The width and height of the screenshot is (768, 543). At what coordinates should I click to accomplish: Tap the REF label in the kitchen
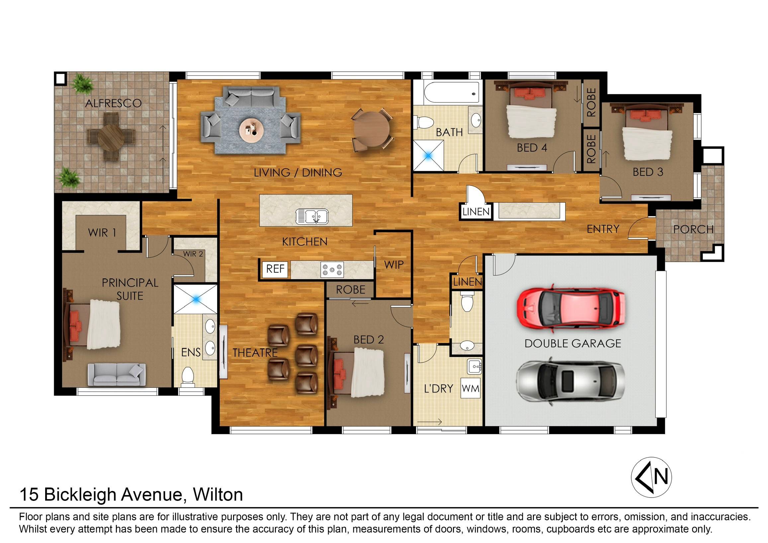point(275,269)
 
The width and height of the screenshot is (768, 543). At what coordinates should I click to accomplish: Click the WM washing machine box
point(470,388)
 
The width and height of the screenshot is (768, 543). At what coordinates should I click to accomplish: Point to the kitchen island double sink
point(312,216)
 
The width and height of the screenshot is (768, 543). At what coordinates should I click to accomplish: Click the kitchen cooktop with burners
point(332,270)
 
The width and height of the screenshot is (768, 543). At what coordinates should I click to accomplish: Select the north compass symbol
point(651,477)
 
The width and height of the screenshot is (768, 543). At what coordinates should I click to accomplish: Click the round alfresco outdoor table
point(111,136)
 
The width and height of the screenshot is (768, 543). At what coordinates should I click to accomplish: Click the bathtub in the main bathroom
point(452,93)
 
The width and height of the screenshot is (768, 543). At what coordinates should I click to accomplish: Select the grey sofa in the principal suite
point(117,375)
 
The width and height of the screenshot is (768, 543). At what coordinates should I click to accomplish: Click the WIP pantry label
point(394,265)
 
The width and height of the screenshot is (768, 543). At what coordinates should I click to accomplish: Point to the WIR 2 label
point(193,254)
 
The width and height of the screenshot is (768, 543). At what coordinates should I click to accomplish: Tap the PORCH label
point(693,229)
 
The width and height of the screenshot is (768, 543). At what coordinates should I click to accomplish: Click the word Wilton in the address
point(218,495)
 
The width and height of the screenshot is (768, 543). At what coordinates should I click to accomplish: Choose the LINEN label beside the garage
point(468,282)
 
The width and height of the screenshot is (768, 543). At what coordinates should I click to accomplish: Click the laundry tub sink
point(474,367)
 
